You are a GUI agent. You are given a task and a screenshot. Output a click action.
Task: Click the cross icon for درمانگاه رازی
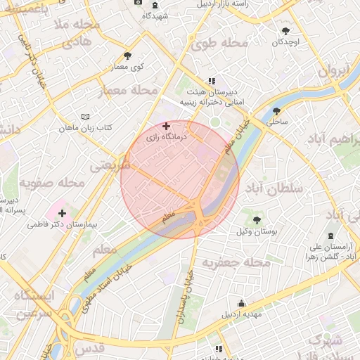point(166,127)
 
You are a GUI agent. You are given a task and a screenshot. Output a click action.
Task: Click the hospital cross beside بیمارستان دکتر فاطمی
point(63,213)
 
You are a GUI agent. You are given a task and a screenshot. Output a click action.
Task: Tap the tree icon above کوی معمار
point(127,56)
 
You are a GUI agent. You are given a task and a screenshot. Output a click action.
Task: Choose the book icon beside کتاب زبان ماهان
point(86,116)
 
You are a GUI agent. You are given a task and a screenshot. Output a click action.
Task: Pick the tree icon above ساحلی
point(276,110)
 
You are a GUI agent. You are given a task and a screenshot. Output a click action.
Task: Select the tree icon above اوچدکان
point(285,32)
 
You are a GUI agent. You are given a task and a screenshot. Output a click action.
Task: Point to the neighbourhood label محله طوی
point(220,44)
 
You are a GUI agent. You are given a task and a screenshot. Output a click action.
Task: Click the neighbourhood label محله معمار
point(133,90)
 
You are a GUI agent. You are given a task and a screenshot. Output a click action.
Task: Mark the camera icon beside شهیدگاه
point(139,3)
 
